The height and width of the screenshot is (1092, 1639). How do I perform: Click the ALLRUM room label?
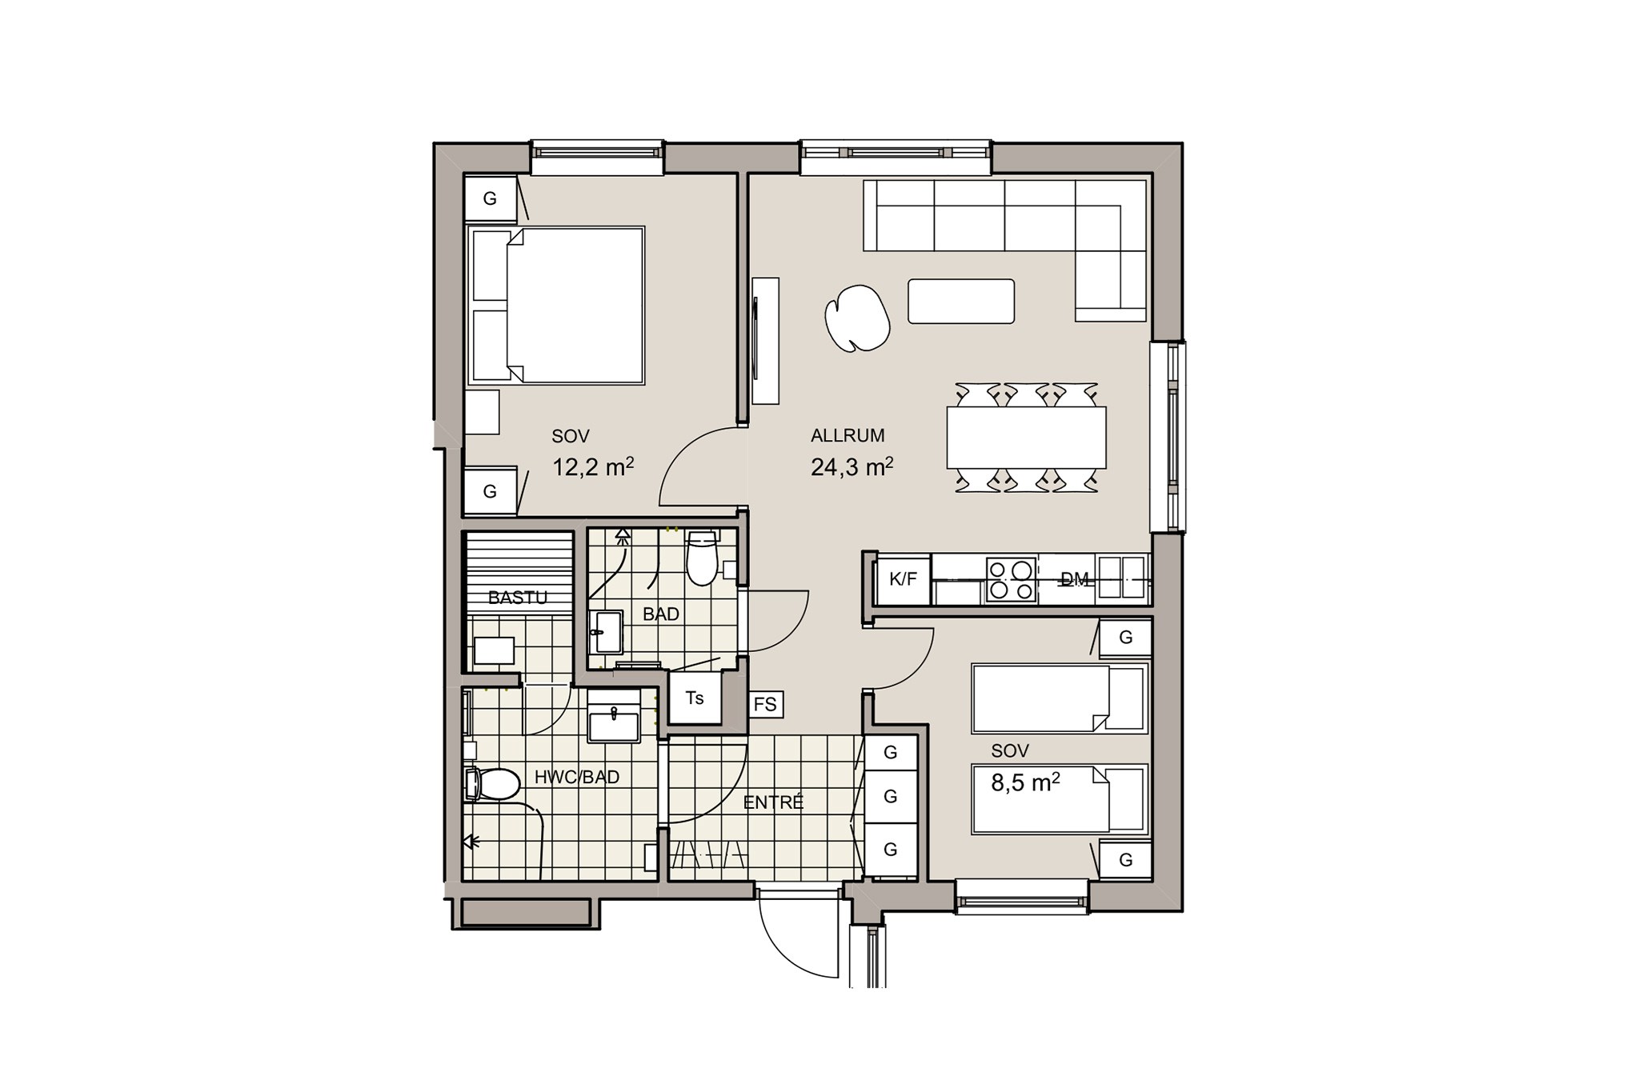pos(848,436)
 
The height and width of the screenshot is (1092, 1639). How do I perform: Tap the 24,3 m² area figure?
pos(852,466)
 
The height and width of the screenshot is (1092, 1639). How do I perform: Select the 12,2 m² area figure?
pos(593,466)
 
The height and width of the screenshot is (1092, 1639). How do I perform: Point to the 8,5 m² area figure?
pos(1025,782)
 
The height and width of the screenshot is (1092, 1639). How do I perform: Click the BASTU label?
pos(518,598)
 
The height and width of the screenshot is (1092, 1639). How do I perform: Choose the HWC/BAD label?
pos(577,777)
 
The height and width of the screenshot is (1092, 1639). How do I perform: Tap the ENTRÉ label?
pos(773,802)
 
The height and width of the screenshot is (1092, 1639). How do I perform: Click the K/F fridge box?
pos(903,579)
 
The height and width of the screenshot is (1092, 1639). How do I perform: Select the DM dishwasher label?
pos(1075,579)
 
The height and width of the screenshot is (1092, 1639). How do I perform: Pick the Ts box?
pos(695,698)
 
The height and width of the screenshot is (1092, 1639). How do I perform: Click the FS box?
pos(765,704)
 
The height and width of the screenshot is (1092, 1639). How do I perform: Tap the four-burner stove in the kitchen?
pos(1011,579)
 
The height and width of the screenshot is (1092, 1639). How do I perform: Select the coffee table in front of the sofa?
pos(961,301)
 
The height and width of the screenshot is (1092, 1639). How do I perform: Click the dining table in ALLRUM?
pos(1026,438)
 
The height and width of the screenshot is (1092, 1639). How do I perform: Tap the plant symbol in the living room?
pos(857,319)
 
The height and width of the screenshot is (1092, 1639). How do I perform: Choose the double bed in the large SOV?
pos(557,305)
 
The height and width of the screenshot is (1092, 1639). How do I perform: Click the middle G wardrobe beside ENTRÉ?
pos(891,796)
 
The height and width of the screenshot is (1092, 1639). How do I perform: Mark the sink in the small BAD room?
pos(607,632)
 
